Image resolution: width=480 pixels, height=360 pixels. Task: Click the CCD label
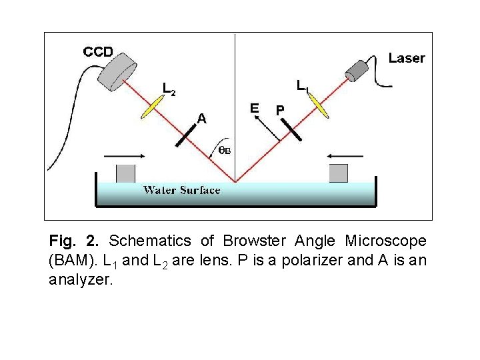click(x=98, y=51)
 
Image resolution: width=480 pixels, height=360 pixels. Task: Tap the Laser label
click(x=407, y=58)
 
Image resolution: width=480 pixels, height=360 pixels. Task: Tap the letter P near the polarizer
click(x=280, y=109)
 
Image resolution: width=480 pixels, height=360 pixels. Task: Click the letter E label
click(x=254, y=107)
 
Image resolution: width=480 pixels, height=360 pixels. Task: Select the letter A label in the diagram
click(x=201, y=119)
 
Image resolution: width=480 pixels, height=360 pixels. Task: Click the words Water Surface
click(x=181, y=191)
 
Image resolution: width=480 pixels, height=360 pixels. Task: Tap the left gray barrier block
click(x=125, y=173)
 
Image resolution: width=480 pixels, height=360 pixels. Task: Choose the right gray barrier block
click(x=339, y=173)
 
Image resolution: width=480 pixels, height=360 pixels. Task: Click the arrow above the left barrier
click(x=120, y=155)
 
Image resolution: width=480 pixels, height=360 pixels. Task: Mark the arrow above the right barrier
click(x=345, y=155)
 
